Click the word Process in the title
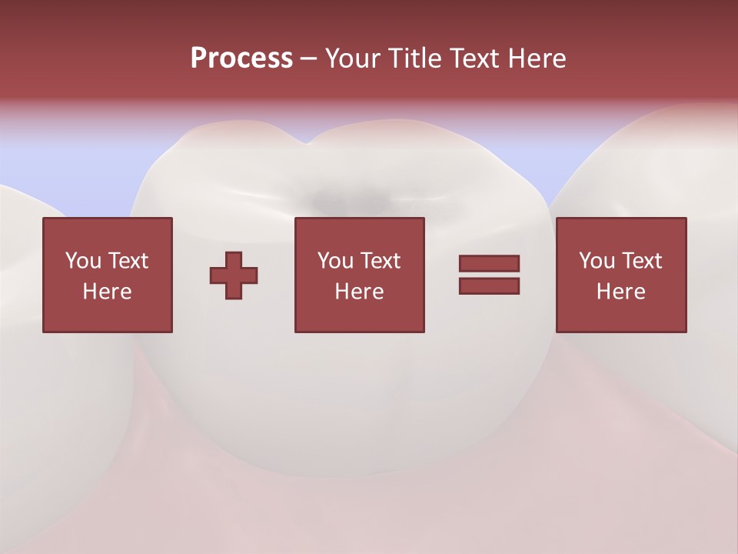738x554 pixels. click(x=241, y=58)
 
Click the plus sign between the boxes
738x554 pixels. click(x=234, y=275)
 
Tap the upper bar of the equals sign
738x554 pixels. click(x=489, y=263)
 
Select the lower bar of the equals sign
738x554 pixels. click(x=489, y=286)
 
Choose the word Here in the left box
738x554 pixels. click(x=107, y=292)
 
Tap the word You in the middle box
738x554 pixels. click(x=334, y=260)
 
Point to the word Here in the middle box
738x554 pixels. click(x=359, y=292)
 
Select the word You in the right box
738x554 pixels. click(x=596, y=260)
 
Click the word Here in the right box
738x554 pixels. click(x=620, y=292)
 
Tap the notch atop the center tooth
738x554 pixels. click(x=308, y=142)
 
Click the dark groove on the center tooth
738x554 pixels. click(x=350, y=200)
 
